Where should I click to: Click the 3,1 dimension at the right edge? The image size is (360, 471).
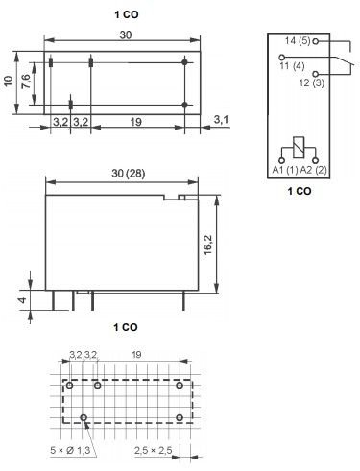[220, 120]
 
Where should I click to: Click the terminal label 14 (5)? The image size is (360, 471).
[297, 40]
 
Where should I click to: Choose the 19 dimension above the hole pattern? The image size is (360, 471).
[136, 355]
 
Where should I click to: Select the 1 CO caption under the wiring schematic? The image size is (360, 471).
[299, 191]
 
